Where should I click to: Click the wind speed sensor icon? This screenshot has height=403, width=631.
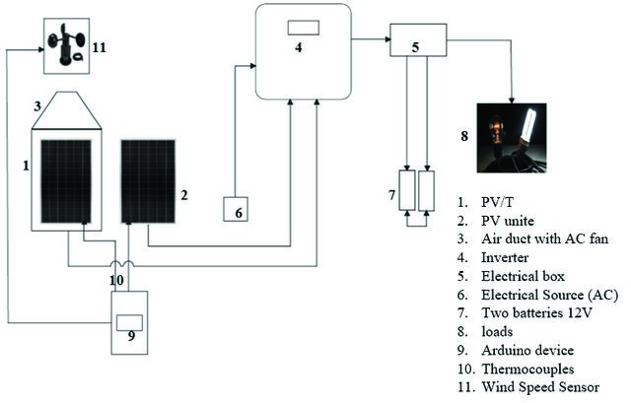pos(66,45)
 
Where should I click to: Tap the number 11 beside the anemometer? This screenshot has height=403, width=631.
pos(99,47)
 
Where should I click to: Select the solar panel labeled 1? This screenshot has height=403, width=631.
pos(66,181)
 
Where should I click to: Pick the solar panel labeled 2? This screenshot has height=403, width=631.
pos(148,181)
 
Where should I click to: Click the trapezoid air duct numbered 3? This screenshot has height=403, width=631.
pos(66,110)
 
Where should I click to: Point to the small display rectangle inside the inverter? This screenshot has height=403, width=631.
pos(304,28)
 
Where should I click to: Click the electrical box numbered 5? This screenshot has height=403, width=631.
pos(418,39)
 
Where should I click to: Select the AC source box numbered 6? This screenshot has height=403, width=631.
pos(236,209)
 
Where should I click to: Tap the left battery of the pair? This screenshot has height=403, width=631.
pos(407,190)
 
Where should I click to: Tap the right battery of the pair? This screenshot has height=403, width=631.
pos(427,190)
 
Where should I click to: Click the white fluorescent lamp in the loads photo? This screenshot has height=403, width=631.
pos(530,125)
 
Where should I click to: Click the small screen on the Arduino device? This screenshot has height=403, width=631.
pos(129,323)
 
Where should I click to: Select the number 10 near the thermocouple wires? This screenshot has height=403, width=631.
pos(116,280)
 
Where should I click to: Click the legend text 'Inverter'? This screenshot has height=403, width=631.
pos(505,257)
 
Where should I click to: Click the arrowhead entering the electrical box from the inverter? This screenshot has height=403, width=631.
pos(387,39)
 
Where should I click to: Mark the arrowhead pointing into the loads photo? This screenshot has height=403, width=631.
pos(512,101)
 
